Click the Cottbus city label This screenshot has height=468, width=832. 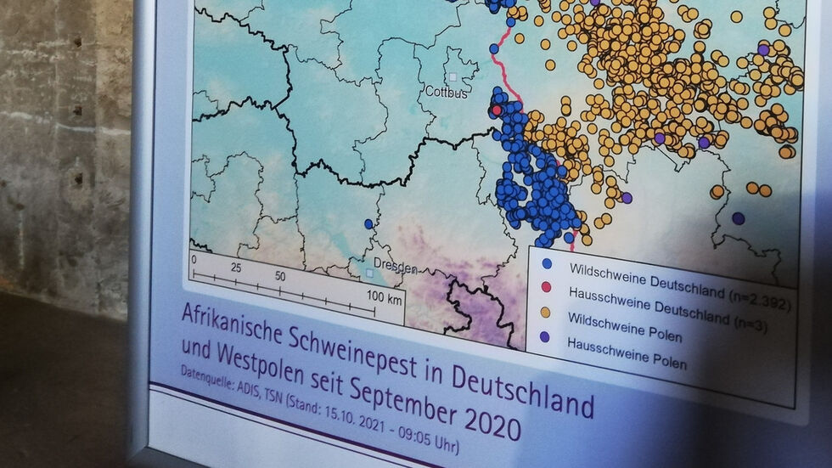pos(446,92)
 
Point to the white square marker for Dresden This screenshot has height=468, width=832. pos(369,273)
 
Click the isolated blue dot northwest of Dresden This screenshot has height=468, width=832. pos(368,224)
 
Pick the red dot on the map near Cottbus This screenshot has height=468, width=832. pos(497,110)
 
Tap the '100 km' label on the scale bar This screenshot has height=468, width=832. pos(383,298)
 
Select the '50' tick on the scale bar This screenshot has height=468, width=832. pos(279,277)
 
